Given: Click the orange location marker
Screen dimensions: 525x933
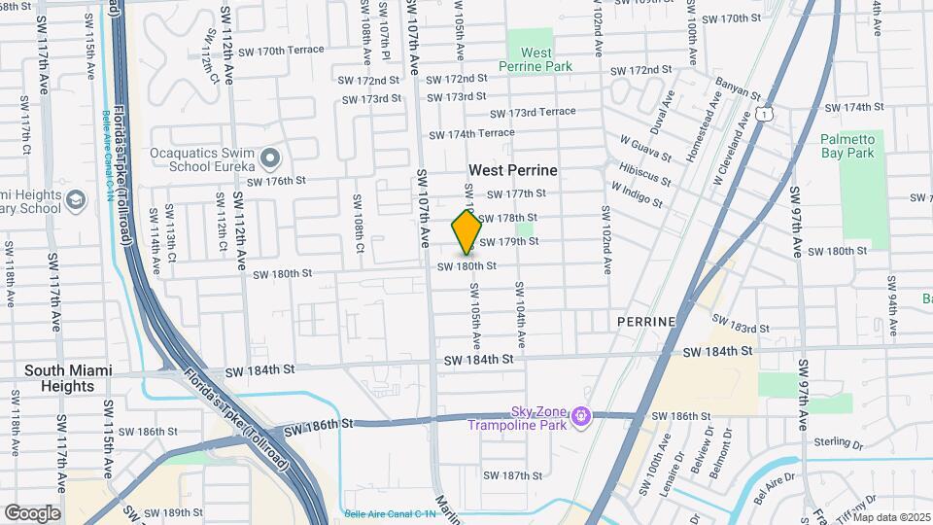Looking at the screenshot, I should tap(466, 232).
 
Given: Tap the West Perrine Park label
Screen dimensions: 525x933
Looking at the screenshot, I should tap(536, 59).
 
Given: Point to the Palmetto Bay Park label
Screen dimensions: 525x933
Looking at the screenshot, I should tap(847, 147).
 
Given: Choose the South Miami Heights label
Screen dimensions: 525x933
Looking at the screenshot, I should tap(67, 378).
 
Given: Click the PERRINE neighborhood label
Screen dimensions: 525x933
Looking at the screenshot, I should tap(645, 321).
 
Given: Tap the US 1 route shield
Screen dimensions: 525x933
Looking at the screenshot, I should tap(768, 115).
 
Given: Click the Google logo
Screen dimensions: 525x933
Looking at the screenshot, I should tap(32, 512).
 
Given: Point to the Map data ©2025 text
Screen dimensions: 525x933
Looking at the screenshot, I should tap(891, 517).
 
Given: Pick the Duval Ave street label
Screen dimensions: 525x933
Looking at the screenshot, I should tap(662, 113).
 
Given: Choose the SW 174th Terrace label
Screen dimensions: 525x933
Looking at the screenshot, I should tap(471, 133).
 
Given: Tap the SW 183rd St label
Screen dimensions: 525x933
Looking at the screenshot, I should tap(741, 324).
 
